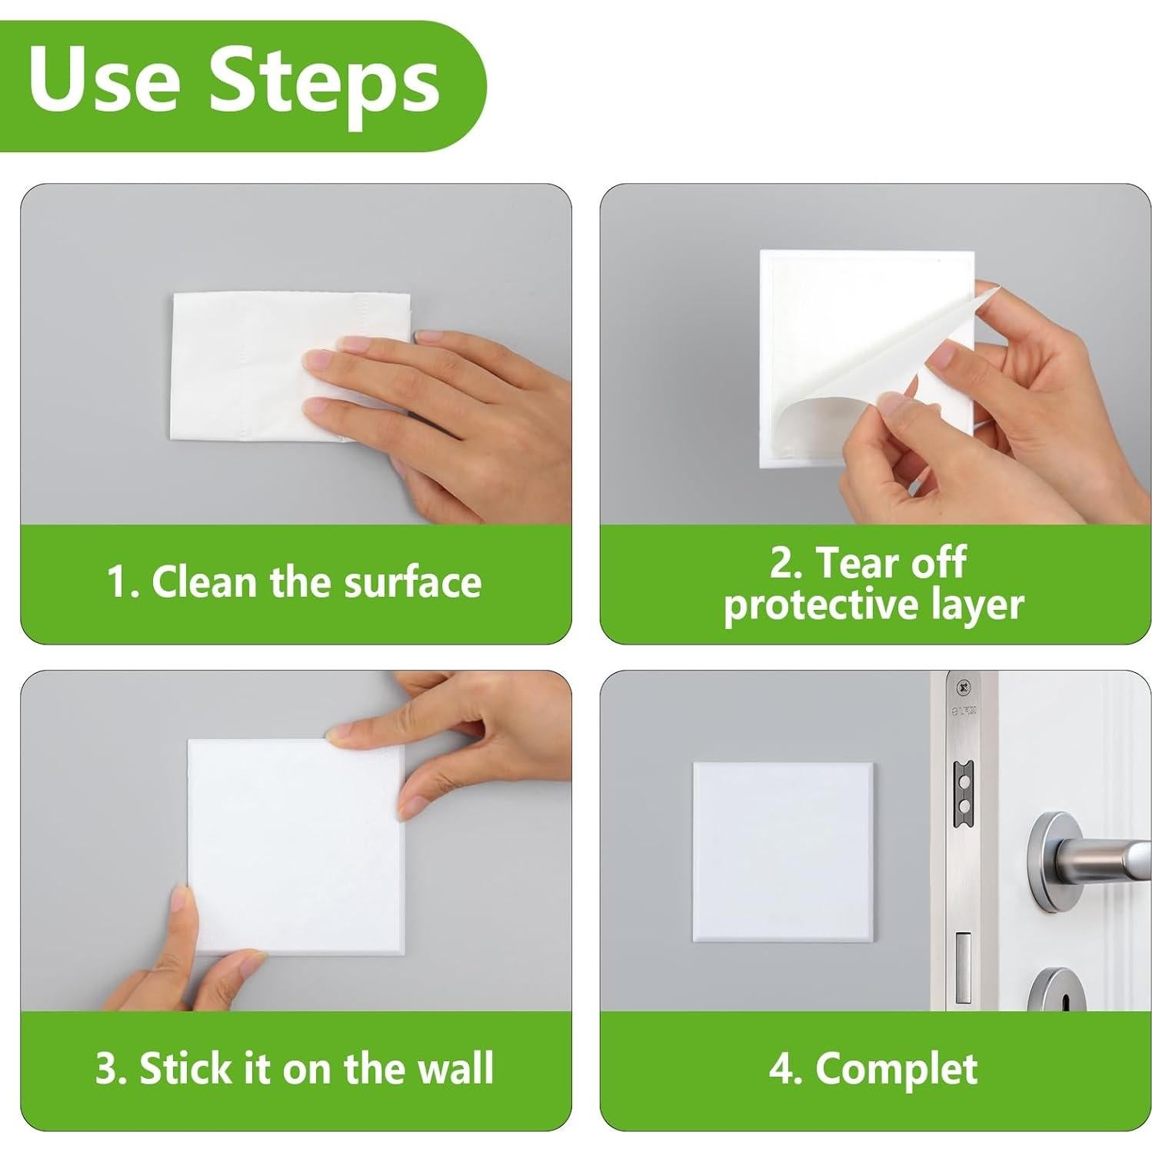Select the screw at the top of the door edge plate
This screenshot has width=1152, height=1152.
click(961, 686)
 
